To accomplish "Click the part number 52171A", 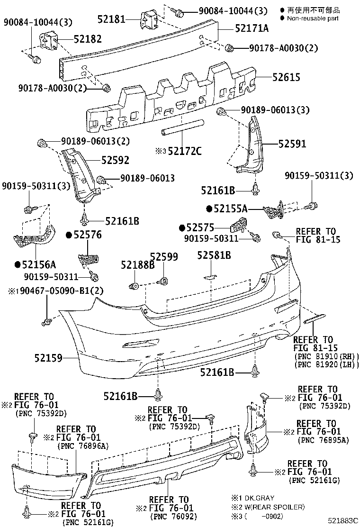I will [x=252, y=28].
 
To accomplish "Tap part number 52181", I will [x=111, y=19].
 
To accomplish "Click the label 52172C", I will [x=184, y=151].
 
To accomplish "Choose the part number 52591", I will [x=292, y=144].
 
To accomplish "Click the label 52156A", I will [x=38, y=264].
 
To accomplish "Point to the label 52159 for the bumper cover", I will [x=48, y=359].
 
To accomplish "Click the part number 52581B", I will [x=214, y=256].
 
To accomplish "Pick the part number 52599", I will [x=164, y=256].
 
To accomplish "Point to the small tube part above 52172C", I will [x=183, y=128].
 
